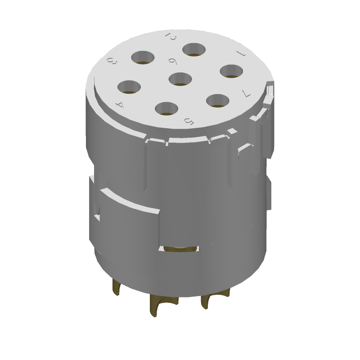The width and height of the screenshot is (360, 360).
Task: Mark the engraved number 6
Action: pyautogui.click(x=171, y=62)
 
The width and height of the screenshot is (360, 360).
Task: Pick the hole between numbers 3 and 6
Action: pyautogui.click(x=143, y=58)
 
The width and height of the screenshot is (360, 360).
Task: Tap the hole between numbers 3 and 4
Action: pyautogui.click(x=130, y=87)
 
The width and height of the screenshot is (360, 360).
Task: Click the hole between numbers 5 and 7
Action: pyautogui.click(x=218, y=101)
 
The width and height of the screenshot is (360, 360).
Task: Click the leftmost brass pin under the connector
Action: pyautogui.click(x=117, y=288)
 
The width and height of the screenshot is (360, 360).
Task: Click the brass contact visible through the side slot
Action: pyautogui.click(x=180, y=248)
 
